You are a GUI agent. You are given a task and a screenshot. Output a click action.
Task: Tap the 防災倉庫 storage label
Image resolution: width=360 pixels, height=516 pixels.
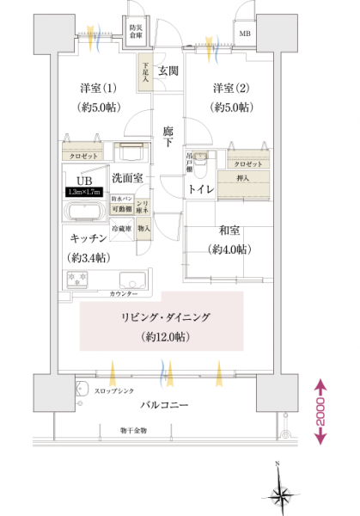point(137,33)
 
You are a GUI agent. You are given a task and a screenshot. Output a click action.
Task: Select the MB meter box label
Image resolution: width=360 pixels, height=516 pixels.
point(246,34)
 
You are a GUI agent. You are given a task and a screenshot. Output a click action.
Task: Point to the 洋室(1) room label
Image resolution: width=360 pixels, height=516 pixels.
point(98,89)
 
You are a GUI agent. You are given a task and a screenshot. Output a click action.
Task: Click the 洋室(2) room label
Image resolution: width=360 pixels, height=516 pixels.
point(229,89)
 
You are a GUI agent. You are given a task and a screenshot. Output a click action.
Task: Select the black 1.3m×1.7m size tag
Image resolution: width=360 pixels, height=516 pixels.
point(86,193)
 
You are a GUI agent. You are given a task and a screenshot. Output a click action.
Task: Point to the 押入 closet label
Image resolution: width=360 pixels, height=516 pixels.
point(244,180)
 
